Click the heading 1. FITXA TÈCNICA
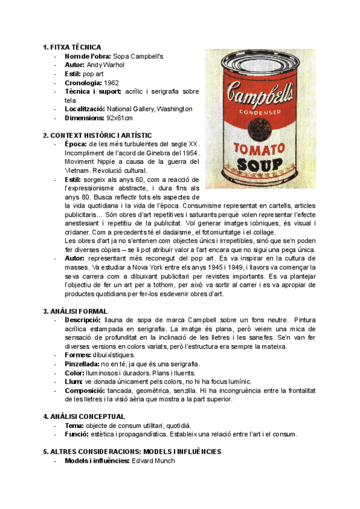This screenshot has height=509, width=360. [x=72, y=47]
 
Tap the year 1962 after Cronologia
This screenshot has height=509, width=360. [x=112, y=82]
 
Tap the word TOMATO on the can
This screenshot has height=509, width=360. [x=259, y=148]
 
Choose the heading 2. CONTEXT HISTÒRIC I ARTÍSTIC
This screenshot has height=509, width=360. [x=98, y=135]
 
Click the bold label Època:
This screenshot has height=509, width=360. [x=76, y=144]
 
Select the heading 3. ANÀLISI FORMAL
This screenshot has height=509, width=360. [x=76, y=311]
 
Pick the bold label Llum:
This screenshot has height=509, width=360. [x=74, y=381]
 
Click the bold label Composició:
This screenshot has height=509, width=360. [x=85, y=390]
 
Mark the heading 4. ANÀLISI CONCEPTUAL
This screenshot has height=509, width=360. [x=84, y=417]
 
